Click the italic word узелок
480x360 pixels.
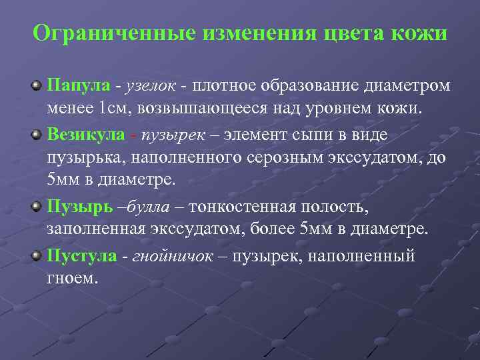coord(149,85)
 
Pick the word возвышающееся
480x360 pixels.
coord(206,109)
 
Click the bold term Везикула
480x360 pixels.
coord(85,134)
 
